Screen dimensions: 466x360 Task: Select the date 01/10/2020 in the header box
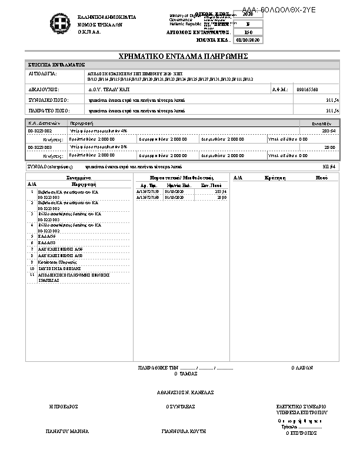coord(247,41)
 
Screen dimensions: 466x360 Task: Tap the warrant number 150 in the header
coord(248,32)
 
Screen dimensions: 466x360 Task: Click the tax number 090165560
coord(308,89)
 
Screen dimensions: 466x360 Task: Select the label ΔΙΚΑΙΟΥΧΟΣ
coord(44,89)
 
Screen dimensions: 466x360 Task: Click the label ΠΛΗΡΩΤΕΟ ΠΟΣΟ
coord(48,110)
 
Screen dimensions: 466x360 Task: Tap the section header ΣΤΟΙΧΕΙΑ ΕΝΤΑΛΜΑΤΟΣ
coord(56,64)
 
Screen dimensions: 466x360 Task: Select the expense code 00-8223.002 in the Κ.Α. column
coord(40,130)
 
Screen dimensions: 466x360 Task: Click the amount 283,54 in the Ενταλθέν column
coord(329,130)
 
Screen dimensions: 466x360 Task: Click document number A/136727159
coord(148,192)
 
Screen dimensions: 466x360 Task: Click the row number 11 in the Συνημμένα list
coord(32,274)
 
